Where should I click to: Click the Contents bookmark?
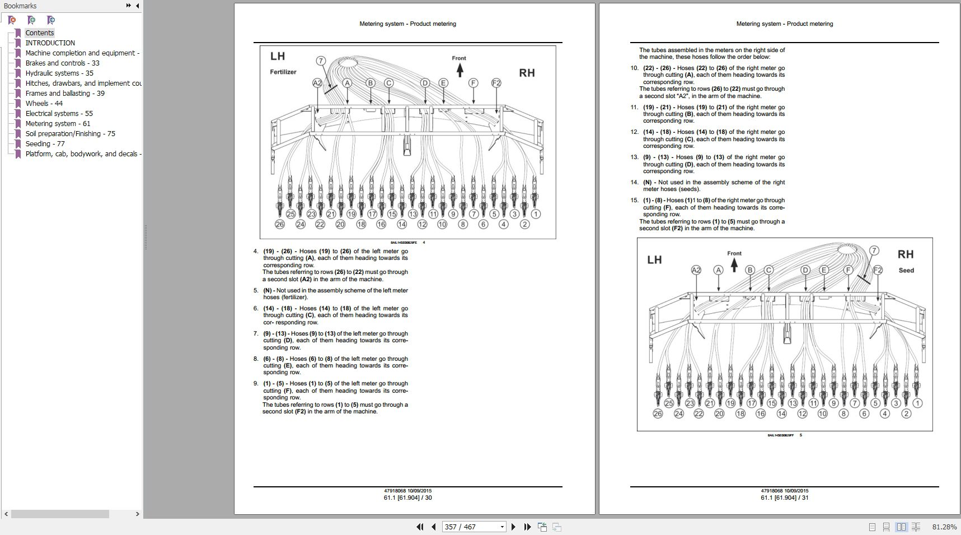(39, 32)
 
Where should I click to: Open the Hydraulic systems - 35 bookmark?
(59, 73)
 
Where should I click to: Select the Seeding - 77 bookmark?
(45, 143)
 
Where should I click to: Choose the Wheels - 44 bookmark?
(44, 103)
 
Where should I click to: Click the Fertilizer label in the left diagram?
(283, 72)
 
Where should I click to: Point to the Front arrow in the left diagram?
(460, 69)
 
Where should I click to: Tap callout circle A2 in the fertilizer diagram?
(317, 83)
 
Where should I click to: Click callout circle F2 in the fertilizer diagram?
(496, 83)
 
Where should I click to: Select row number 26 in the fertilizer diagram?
(280, 224)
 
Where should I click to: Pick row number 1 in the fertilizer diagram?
(536, 214)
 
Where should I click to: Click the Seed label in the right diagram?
(906, 270)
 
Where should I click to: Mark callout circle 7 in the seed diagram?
(874, 250)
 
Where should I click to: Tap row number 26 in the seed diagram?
(658, 413)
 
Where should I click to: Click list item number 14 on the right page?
(634, 182)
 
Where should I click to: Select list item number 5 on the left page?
(256, 290)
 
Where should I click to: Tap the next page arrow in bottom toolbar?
(513, 527)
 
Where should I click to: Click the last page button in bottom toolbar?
(527, 527)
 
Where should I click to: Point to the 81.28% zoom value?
(944, 527)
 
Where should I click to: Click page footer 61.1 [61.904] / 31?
(784, 497)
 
